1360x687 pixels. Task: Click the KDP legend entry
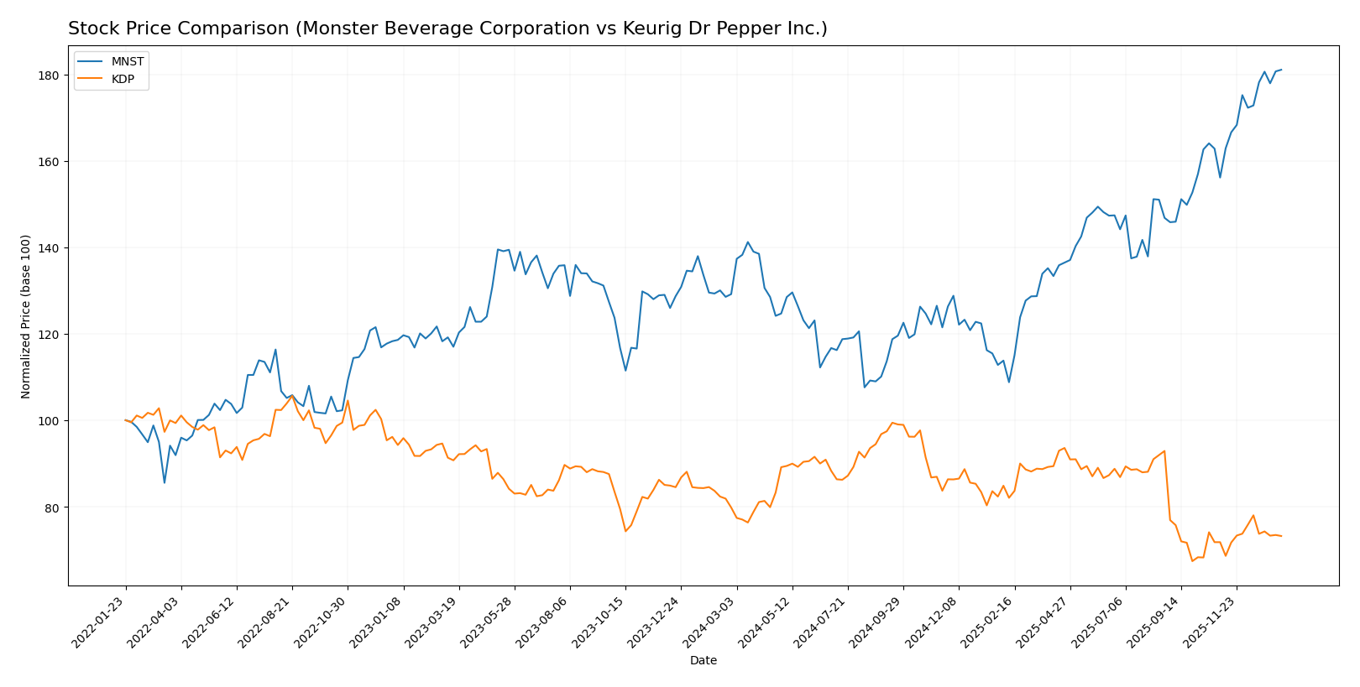point(123,80)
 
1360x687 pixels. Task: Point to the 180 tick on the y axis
point(49,75)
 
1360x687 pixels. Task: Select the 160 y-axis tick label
point(49,162)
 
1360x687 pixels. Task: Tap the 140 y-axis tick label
point(49,248)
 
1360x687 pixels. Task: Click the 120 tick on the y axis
point(49,335)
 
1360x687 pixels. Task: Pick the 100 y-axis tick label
point(49,421)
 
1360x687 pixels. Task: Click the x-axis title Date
point(703,661)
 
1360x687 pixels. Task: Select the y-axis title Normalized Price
point(26,316)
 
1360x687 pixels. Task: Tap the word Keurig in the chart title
point(647,29)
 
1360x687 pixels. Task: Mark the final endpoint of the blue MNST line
point(1281,70)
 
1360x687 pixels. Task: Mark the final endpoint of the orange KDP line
point(1281,536)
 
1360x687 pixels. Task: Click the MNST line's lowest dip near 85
point(165,482)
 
